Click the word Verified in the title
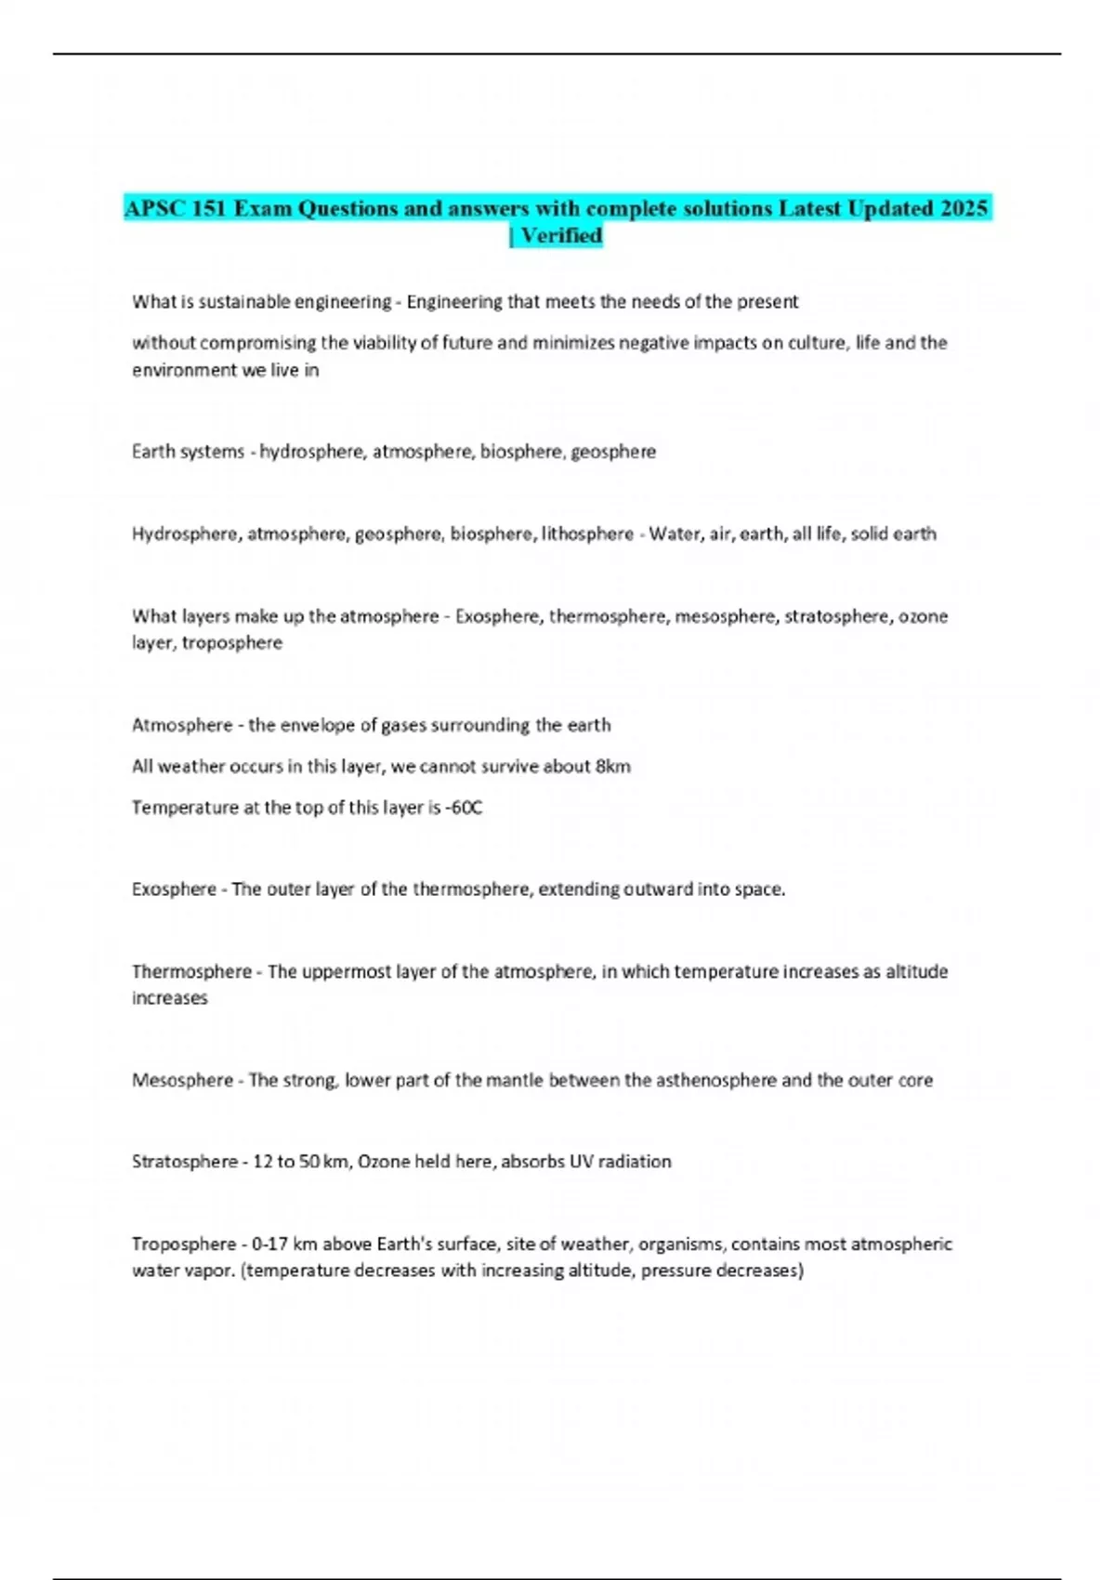561,236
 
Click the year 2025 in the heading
964,208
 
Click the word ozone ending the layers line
923,616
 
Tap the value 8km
612,767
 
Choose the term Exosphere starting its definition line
174,889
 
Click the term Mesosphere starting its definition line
182,1080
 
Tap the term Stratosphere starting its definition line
184,1162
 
